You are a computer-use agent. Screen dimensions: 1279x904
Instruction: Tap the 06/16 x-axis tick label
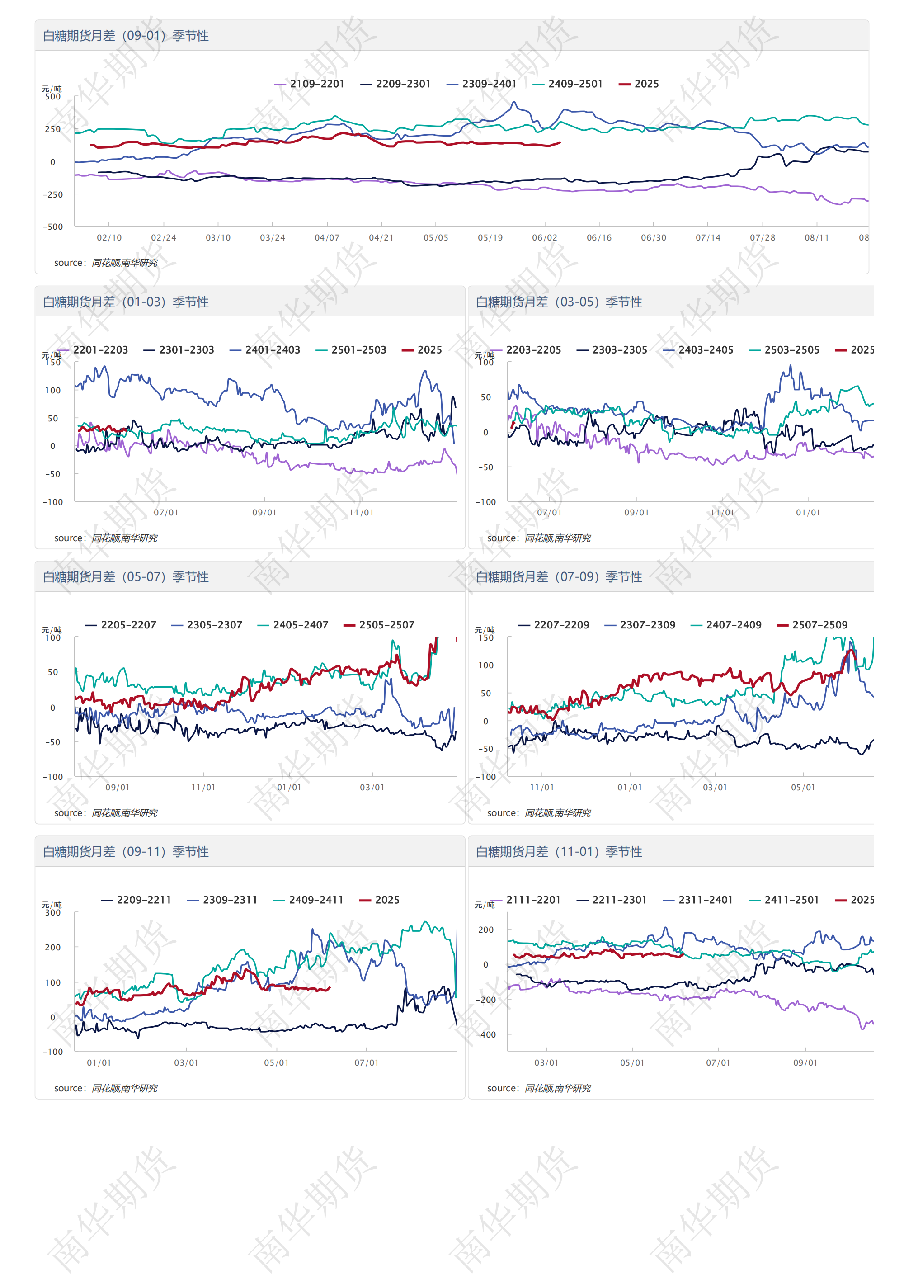point(599,238)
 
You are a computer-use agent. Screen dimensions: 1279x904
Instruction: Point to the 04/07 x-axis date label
point(327,238)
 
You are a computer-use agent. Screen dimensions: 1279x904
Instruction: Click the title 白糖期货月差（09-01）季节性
point(126,36)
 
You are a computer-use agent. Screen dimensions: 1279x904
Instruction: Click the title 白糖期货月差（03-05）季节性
point(559,302)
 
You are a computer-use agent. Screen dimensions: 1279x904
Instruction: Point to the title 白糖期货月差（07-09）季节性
point(559,577)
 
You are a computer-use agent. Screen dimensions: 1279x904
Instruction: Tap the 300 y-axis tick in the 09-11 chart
point(53,913)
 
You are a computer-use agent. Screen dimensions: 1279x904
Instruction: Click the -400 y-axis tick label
point(486,1035)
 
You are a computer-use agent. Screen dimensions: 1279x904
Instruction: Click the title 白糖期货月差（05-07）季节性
point(126,577)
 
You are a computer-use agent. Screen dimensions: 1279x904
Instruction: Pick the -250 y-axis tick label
point(53,195)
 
